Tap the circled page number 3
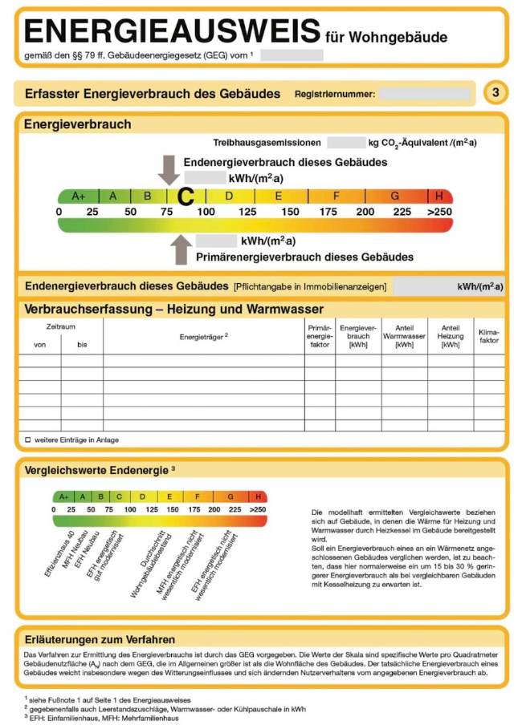click(x=496, y=93)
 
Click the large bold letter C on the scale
click(x=186, y=196)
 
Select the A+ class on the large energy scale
click(x=79, y=196)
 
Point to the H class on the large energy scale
click(x=439, y=196)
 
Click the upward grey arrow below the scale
click(x=182, y=249)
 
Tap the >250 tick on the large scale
click(x=439, y=211)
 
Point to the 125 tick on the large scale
click(x=248, y=211)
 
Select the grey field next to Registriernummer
click(x=424, y=94)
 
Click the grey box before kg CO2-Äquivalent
click(x=346, y=143)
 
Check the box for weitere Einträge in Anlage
click(x=27, y=439)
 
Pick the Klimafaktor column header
click(x=488, y=336)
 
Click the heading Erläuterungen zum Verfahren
click(x=100, y=639)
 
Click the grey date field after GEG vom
click(x=292, y=55)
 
